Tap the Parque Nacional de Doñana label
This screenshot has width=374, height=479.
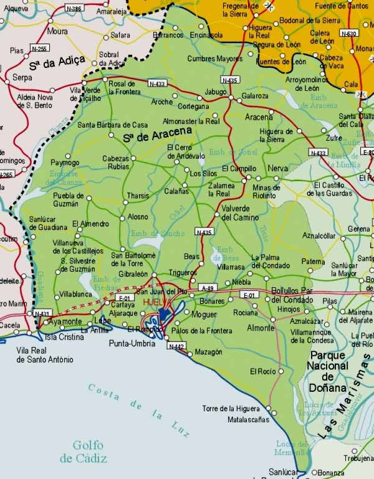(x=327, y=371)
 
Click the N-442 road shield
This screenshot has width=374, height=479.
(x=175, y=346)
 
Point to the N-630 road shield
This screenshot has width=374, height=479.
(x=350, y=33)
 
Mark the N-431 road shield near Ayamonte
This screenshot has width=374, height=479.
(x=42, y=313)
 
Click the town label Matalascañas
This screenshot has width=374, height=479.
(x=249, y=419)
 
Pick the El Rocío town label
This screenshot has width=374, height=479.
(x=262, y=371)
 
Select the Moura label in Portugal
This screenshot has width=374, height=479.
(x=57, y=31)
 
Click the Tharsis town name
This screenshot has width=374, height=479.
(x=138, y=196)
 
